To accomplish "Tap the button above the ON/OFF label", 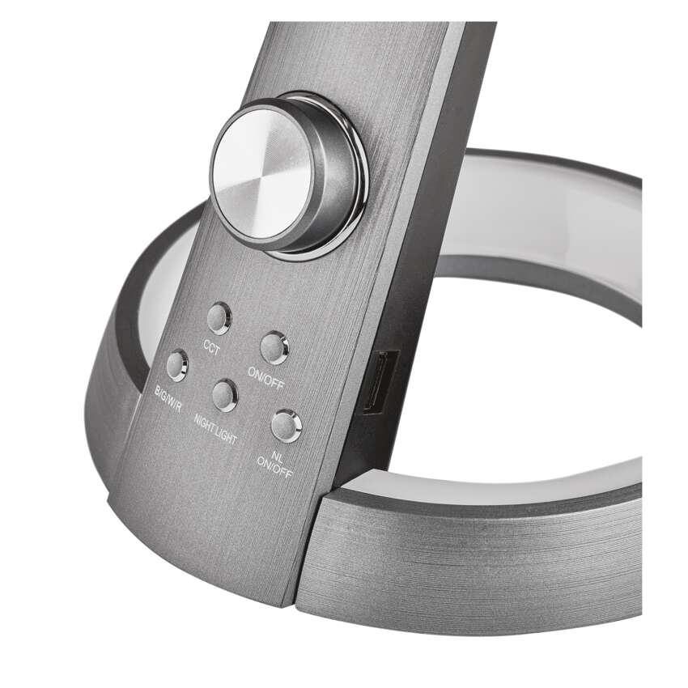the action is tap(274, 347).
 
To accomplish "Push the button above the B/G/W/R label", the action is tap(176, 364).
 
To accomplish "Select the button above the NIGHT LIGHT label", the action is tap(225, 395).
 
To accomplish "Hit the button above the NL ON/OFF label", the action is tap(286, 426).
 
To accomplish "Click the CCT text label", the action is tap(211, 346).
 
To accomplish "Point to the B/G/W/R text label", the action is tap(168, 398).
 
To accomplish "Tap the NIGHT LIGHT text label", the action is tap(215, 429).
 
